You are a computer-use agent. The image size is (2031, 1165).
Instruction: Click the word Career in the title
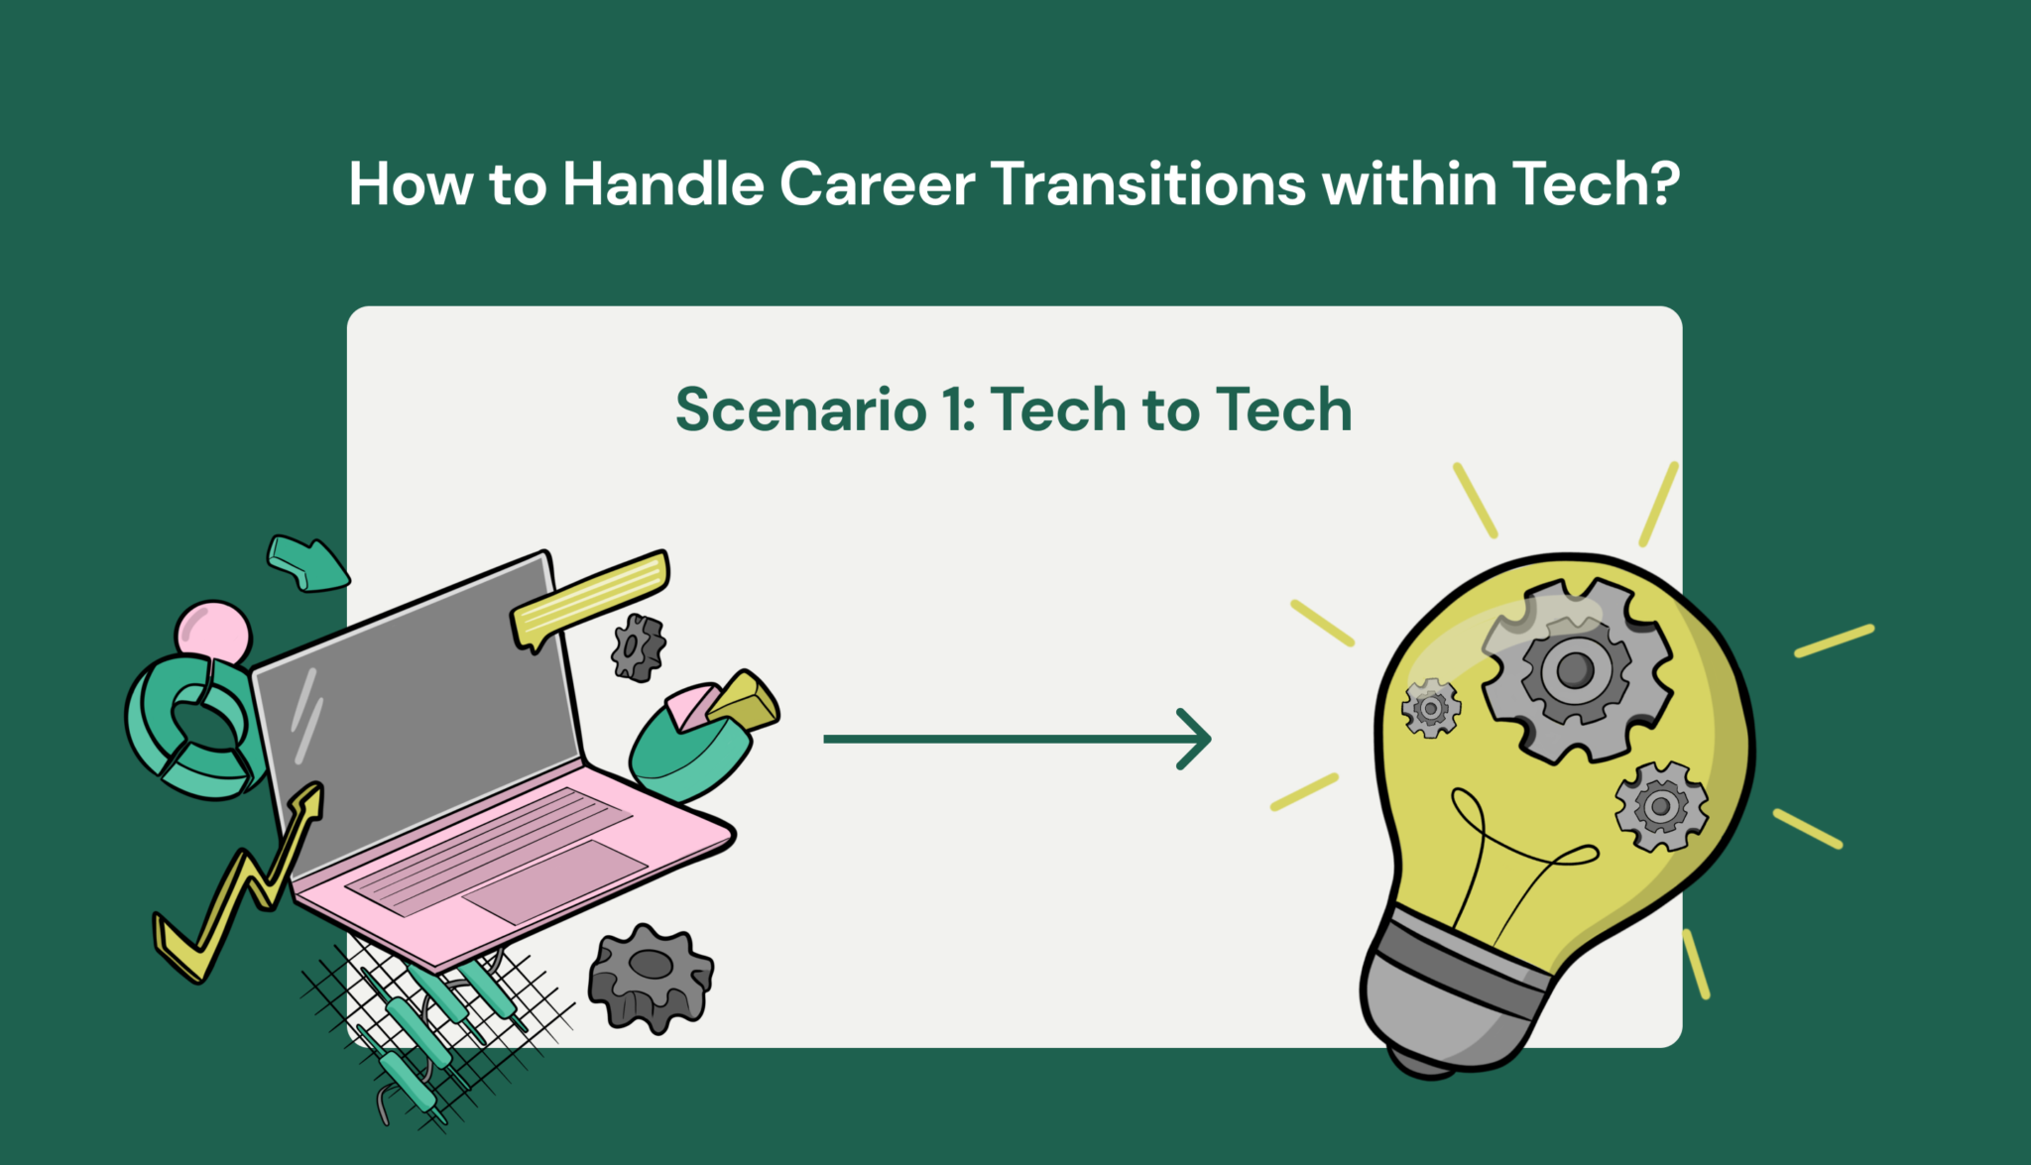coord(877,184)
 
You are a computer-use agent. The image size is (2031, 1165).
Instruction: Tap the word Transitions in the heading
coord(1147,184)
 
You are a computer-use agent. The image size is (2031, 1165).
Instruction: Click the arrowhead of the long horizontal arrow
coord(1197,739)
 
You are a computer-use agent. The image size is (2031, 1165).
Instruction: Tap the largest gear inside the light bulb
coord(1575,671)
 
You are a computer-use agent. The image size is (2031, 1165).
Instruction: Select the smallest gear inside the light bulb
coord(1431,708)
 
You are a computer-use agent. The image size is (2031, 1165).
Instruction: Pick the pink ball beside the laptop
coord(213,631)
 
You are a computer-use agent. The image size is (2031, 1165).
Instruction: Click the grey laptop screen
coord(417,714)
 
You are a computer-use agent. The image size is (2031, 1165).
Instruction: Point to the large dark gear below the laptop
coord(651,977)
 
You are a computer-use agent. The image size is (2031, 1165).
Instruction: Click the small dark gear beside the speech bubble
coord(637,647)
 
